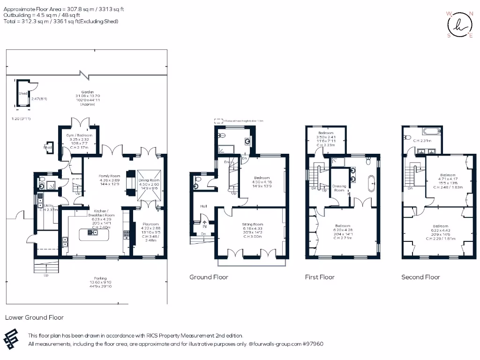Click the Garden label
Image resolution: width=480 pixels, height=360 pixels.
point(87,92)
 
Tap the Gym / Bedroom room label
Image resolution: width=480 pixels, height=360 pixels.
point(79,135)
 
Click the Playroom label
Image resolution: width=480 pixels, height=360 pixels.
point(150,224)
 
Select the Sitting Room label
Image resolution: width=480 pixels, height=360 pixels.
point(253,225)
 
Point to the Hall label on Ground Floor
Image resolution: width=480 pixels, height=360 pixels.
point(203,206)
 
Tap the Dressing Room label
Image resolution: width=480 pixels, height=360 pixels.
point(339,188)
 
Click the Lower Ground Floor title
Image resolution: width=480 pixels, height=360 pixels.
point(34,317)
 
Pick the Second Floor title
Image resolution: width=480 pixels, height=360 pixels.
point(420,277)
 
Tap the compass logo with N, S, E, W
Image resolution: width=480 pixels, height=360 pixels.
point(459,25)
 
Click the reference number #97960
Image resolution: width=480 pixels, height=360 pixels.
point(313,344)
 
